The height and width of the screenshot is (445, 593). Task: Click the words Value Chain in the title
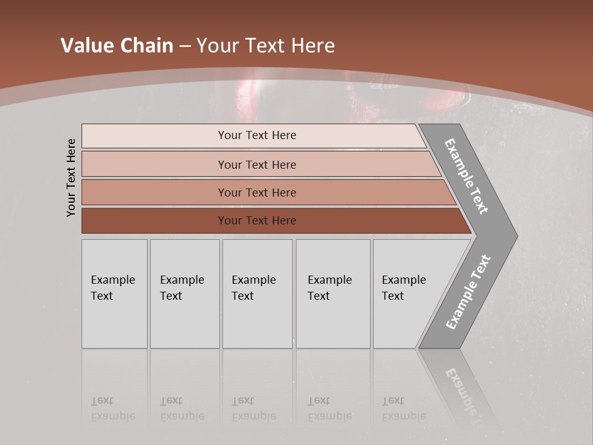point(117,46)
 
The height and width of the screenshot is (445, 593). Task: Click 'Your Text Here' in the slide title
point(266,46)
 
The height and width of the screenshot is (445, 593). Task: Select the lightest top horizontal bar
point(256,135)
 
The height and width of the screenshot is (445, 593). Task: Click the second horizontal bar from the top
point(256,164)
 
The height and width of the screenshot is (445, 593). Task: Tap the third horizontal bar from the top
point(256,192)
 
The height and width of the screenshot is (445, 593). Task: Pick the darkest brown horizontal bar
point(256,221)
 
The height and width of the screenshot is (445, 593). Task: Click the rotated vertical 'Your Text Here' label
point(71,177)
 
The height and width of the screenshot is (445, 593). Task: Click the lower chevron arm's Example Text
point(468,292)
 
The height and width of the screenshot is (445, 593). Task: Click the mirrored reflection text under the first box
point(112,409)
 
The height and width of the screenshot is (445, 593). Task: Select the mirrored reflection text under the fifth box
point(404,409)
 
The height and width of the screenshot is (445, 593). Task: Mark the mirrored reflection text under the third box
point(254,409)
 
